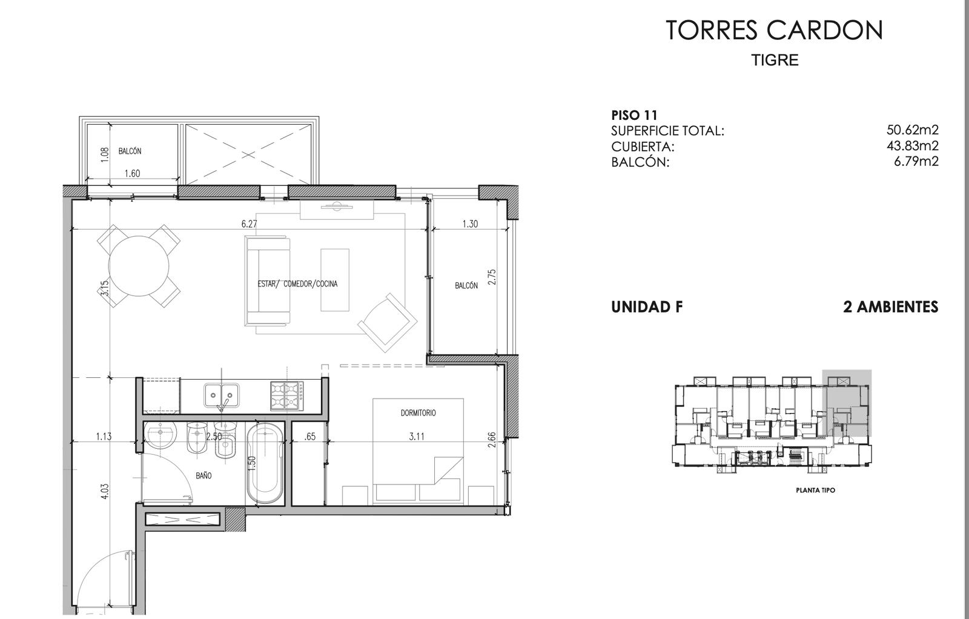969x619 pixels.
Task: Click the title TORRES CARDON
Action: tap(774, 30)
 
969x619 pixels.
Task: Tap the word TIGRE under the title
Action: tap(775, 60)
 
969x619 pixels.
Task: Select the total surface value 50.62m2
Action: tap(913, 130)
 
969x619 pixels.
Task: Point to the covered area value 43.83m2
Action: tap(913, 146)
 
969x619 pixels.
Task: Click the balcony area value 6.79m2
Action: tap(916, 161)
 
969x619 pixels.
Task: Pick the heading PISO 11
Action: tap(634, 116)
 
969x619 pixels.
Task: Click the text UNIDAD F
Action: tap(647, 307)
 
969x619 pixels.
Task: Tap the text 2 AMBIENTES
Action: tap(891, 307)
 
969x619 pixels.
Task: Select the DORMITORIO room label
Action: tap(418, 413)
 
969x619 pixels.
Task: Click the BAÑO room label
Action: tap(203, 475)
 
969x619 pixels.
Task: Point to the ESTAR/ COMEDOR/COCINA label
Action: tap(297, 284)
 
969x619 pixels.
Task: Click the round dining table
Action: tap(139, 266)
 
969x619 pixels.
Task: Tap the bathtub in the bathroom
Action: tap(266, 463)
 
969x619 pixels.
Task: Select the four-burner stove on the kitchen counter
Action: tap(287, 396)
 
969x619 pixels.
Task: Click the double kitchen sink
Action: tap(222, 396)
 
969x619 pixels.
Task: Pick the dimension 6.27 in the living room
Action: tap(249, 224)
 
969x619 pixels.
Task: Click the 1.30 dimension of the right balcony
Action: tap(470, 224)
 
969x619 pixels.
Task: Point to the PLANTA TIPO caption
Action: tap(815, 491)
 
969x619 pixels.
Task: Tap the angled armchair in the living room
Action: tap(388, 323)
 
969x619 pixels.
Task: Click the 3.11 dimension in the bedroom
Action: tap(417, 437)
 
